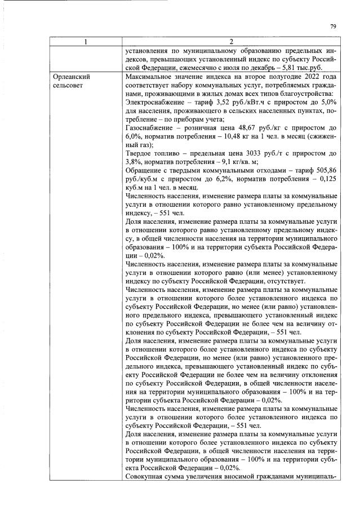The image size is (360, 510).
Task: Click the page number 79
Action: tap(333, 26)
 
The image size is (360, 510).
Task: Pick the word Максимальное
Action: tap(149, 76)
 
